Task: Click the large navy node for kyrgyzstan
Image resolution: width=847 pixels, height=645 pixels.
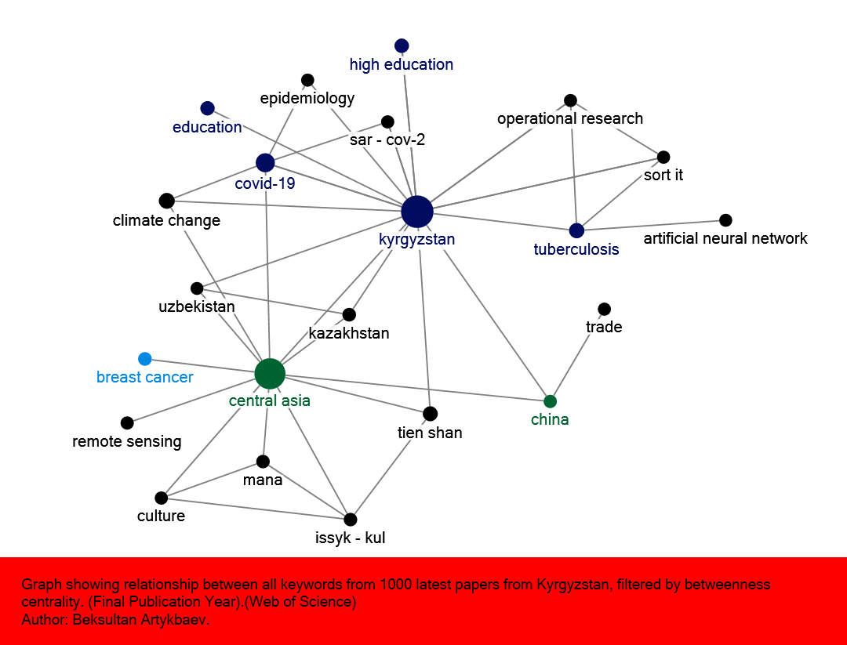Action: [x=417, y=212]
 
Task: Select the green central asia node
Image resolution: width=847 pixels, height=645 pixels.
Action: [x=270, y=374]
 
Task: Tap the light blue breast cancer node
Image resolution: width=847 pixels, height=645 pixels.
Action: [x=144, y=359]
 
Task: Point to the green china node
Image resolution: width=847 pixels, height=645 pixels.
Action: [x=550, y=401]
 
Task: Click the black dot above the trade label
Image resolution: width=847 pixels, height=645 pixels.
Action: [x=604, y=309]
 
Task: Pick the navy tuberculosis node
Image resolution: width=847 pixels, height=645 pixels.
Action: [x=576, y=230]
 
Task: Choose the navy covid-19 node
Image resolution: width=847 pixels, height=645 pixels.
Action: [x=265, y=163]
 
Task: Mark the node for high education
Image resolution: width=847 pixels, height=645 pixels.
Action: [x=402, y=45]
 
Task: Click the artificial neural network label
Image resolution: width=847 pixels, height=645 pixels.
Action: [x=725, y=238]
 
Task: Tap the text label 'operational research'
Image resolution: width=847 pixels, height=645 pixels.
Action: [x=570, y=118]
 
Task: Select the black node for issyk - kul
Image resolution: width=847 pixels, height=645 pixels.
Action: [x=351, y=519]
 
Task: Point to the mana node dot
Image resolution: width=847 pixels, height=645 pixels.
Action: [x=263, y=462]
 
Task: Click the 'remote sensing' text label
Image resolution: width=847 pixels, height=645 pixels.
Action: [x=127, y=441]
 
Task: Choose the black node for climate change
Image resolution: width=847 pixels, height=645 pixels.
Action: [x=166, y=201]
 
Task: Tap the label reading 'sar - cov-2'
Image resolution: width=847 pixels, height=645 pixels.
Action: [x=387, y=140]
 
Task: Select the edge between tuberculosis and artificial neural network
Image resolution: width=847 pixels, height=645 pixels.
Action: [x=651, y=225]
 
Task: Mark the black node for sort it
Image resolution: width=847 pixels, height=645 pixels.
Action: [x=663, y=157]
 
